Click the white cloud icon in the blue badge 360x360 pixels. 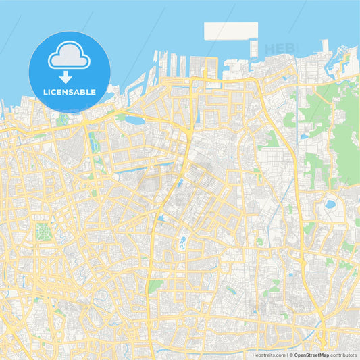click(70, 56)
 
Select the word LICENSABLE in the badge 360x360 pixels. click(70, 91)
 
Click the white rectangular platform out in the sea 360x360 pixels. click(231, 31)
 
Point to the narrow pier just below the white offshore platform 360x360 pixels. click(254, 49)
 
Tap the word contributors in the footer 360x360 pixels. click(344, 355)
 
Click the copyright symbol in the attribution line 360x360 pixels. click(289, 355)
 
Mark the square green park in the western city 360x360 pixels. click(43, 232)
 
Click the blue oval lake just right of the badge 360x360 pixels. click(134, 120)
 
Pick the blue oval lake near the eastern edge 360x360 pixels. click(330, 203)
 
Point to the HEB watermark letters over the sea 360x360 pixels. click(278, 49)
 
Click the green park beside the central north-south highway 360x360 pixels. click(155, 286)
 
